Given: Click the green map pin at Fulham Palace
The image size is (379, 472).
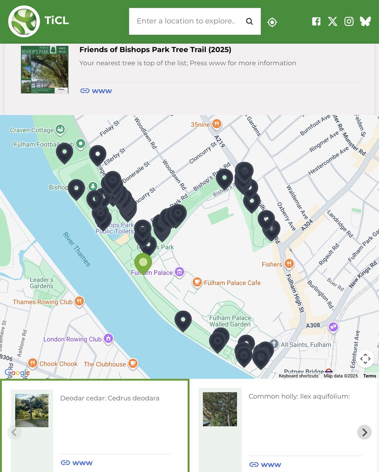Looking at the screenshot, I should [x=143, y=263].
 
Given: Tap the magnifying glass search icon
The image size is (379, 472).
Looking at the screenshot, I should [x=249, y=21].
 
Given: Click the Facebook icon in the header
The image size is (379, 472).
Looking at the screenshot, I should [x=316, y=21].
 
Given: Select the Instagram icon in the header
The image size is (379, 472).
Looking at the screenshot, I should [x=349, y=21].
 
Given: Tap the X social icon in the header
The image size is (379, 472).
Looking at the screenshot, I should [x=333, y=21].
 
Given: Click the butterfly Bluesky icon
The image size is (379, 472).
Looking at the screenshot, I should [x=365, y=21].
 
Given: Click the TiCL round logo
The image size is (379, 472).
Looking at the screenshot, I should [x=24, y=21].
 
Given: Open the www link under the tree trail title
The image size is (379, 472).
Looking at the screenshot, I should [x=96, y=91].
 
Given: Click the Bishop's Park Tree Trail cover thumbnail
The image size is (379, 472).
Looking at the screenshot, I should [x=44, y=70].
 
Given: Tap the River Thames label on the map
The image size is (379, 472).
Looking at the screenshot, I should [x=77, y=249].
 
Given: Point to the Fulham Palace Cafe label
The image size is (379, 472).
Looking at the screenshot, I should [x=232, y=283].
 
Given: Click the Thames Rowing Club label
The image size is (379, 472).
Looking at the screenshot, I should [x=42, y=302].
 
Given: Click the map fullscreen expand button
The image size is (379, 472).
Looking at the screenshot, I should [x=365, y=359].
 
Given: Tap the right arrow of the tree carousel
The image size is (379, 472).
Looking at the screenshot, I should [x=364, y=432].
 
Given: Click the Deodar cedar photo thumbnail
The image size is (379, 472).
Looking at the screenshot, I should [x=32, y=410].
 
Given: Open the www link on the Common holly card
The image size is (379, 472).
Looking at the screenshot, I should [x=265, y=465].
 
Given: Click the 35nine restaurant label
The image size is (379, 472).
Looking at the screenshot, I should [x=201, y=125].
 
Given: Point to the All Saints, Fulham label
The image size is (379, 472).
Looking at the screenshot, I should [x=306, y=345].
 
